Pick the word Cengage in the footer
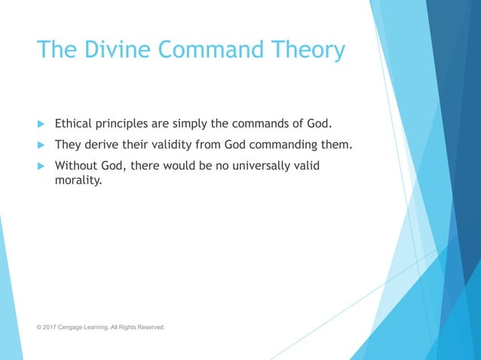[x=75, y=328]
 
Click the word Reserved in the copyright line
[x=150, y=328]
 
